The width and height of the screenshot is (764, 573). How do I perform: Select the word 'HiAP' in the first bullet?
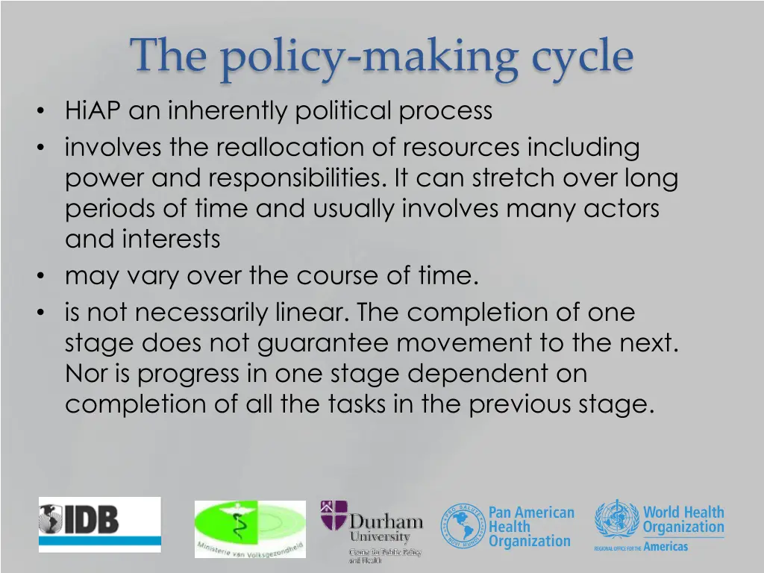pos(93,111)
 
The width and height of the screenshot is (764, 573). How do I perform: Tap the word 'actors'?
pos(621,209)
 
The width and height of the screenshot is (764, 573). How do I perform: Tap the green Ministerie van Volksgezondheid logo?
pos(250,529)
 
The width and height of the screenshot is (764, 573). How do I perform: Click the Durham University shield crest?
pos(334,516)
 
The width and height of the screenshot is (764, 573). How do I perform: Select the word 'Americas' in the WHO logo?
pos(666,546)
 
